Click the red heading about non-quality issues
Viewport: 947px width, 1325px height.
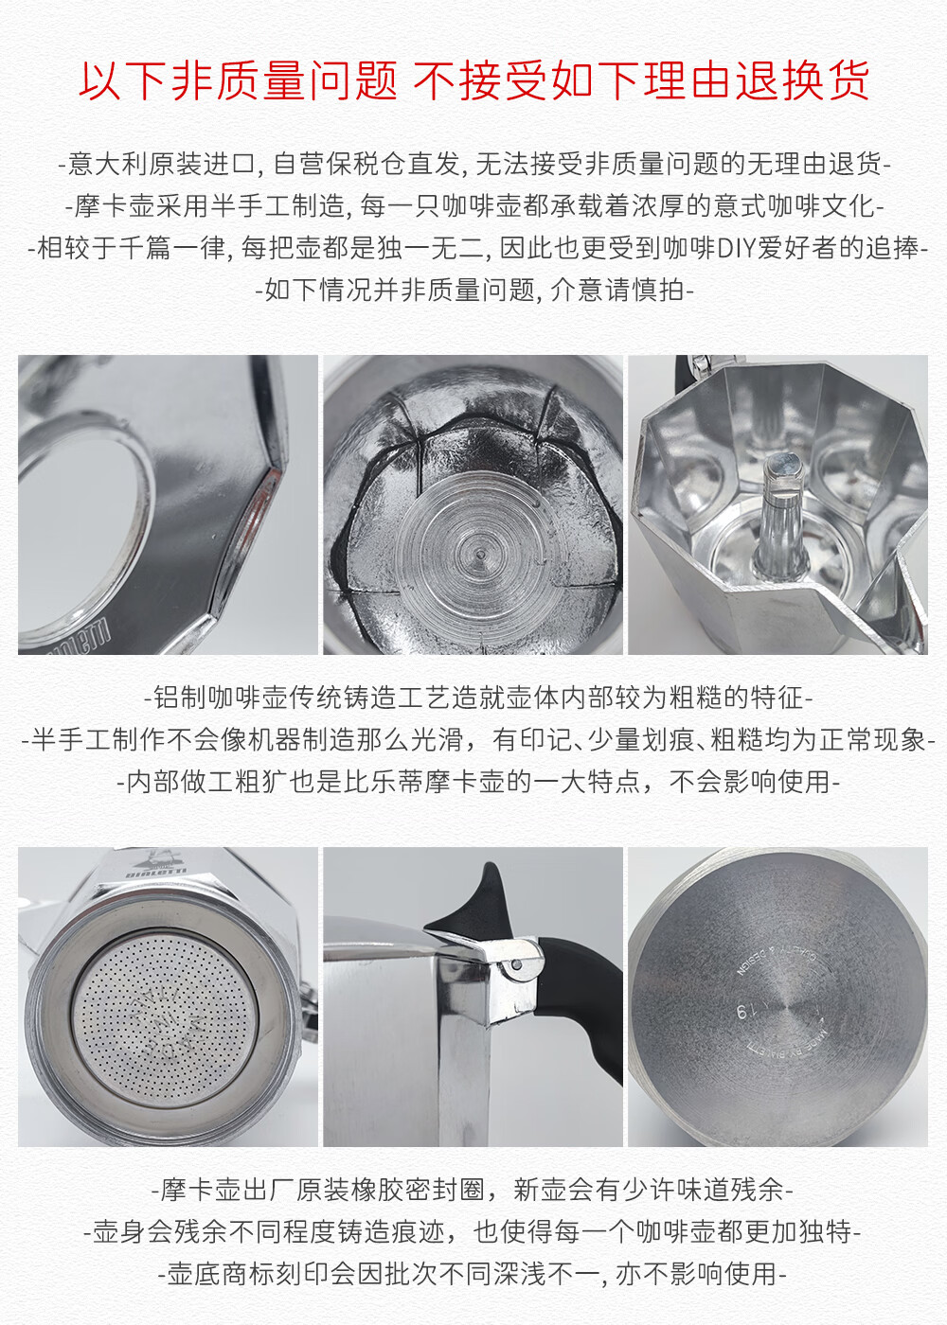tap(474, 80)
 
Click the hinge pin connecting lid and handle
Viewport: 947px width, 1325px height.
tap(517, 964)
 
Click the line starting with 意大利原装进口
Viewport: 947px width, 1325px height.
tap(474, 164)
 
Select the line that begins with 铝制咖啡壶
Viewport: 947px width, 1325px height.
tap(478, 698)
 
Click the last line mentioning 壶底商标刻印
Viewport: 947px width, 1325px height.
tap(473, 1274)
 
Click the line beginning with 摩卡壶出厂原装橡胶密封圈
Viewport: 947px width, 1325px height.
tap(473, 1191)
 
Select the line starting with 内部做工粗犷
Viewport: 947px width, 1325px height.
tap(478, 782)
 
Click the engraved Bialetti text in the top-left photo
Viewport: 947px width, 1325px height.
tap(80, 639)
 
